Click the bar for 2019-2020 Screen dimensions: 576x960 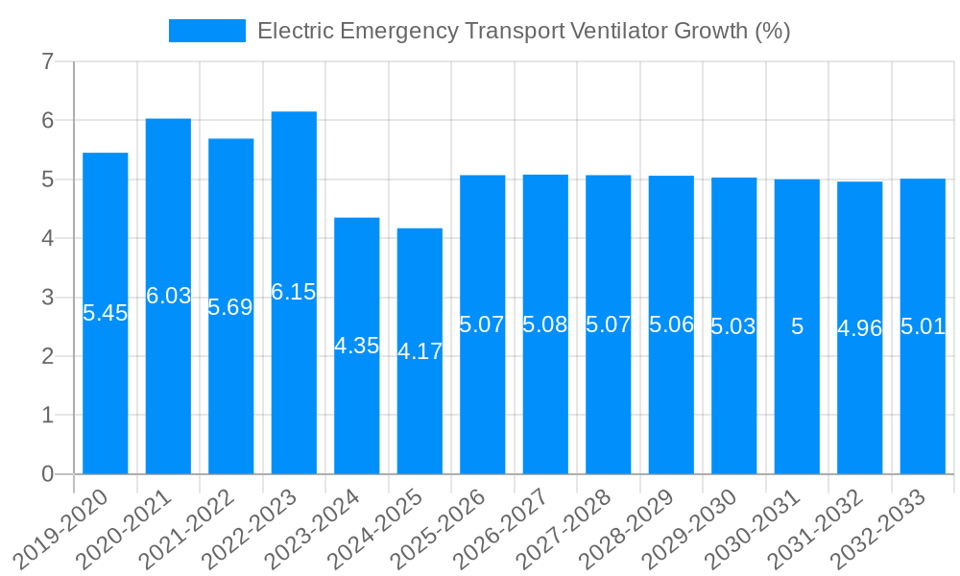(x=106, y=384)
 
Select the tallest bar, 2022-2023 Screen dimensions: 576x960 (x=294, y=384)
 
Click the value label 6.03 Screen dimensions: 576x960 (x=169, y=296)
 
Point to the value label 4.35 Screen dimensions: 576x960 (x=357, y=346)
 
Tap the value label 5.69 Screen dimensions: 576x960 (x=230, y=307)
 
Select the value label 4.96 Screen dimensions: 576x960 (x=859, y=328)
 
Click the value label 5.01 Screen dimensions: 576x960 (x=923, y=326)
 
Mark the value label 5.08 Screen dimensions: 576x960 (x=545, y=324)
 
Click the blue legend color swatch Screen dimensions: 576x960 (x=206, y=31)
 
